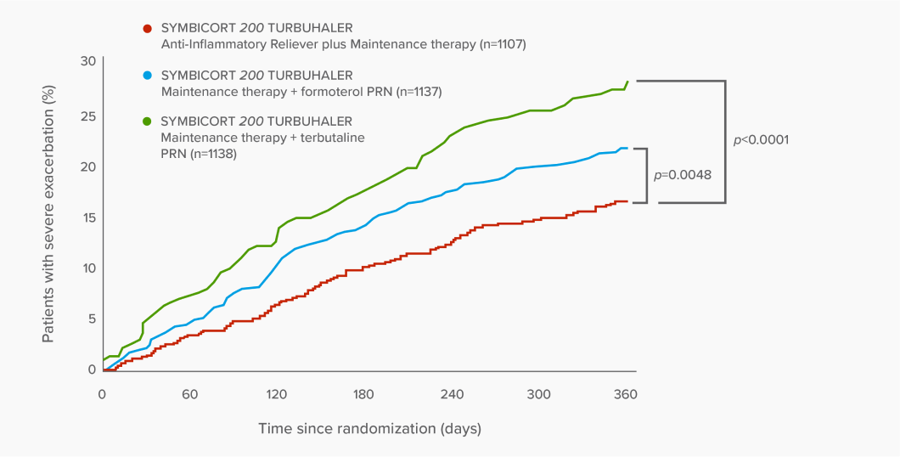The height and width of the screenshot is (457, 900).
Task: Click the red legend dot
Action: pos(148,28)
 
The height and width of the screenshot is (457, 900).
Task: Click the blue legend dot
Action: pos(148,76)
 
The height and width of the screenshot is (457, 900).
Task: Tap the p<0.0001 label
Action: pos(762,139)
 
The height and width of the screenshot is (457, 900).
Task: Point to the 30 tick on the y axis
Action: pos(88,61)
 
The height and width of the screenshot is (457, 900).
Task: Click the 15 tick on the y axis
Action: pos(88,217)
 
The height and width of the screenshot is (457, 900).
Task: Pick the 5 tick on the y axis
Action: pos(92,319)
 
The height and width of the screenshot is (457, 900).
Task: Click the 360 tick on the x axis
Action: pos(625,394)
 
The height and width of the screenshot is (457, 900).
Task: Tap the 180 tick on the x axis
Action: pos(363,394)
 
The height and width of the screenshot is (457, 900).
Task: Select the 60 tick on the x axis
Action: pos(189,394)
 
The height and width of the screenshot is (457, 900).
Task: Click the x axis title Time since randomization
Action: pos(369,428)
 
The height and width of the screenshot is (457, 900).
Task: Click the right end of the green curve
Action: pos(627,82)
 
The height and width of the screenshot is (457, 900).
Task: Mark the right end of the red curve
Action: pos(627,201)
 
